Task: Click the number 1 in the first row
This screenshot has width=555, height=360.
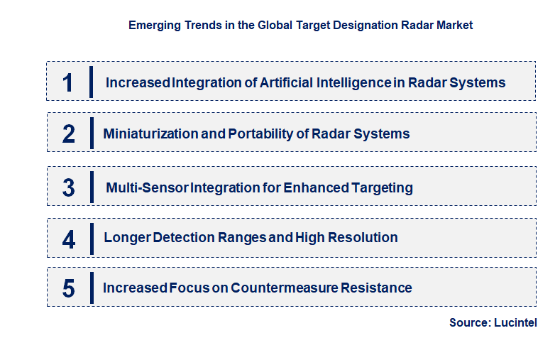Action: (67, 83)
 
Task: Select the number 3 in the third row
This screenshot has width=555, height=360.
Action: (68, 188)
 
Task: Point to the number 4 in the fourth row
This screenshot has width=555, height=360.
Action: (68, 239)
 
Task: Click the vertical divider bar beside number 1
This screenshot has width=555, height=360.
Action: (92, 82)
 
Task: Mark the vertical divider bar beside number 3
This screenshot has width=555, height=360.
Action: (92, 187)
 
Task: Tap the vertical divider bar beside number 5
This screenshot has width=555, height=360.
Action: (92, 288)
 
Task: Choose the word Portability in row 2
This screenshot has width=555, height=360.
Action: (258, 133)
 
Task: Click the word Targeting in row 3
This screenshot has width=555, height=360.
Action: (381, 187)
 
